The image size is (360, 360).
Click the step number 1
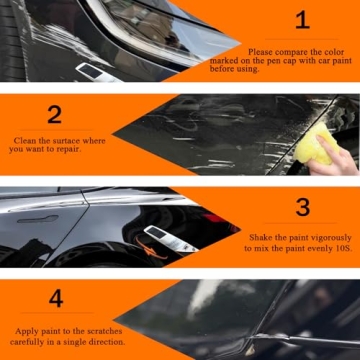pyautogui.click(x=303, y=20)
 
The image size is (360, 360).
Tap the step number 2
pyautogui.click(x=54, y=114)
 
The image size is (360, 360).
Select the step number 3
pyautogui.click(x=303, y=208)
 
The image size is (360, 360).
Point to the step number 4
pyautogui.click(x=56, y=298)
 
